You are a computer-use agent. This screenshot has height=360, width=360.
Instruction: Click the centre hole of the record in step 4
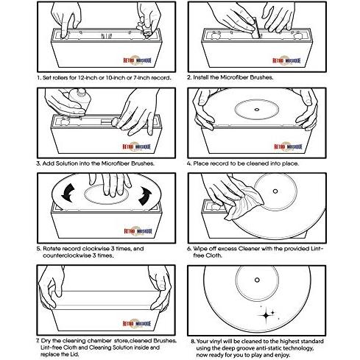tap(257, 110)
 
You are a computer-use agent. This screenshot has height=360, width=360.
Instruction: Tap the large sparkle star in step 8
tap(266, 315)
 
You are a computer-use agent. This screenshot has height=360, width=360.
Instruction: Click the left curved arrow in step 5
tap(68, 192)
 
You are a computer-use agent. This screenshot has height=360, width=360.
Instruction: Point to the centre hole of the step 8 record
tap(257, 280)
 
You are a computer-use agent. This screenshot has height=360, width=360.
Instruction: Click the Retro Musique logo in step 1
tap(138, 60)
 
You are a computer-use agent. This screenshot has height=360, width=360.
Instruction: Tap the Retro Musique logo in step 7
tap(137, 323)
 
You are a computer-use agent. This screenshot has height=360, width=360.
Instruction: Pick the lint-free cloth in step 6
tap(243, 201)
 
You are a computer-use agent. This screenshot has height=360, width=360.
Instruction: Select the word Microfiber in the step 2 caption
tap(234, 77)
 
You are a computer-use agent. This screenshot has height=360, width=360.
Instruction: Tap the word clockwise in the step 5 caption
tap(96, 249)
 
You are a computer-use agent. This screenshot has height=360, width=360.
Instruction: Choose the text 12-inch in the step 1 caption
tap(88, 78)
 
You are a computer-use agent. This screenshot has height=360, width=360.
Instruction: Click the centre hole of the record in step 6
tap(275, 191)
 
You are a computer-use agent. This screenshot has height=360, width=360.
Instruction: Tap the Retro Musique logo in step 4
tap(288, 147)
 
